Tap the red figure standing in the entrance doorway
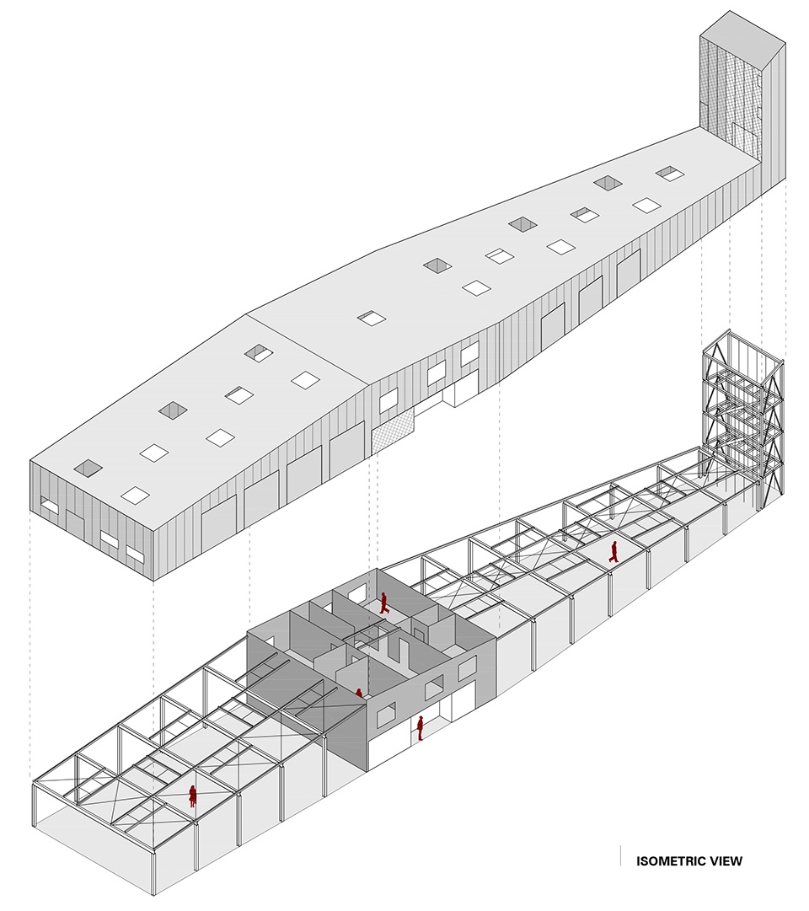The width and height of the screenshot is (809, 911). (420, 729)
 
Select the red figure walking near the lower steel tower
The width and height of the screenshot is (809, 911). (613, 552)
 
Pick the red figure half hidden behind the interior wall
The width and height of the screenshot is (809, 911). (359, 693)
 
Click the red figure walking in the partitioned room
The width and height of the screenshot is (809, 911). (383, 603)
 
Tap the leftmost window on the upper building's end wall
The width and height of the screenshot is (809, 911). (50, 507)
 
